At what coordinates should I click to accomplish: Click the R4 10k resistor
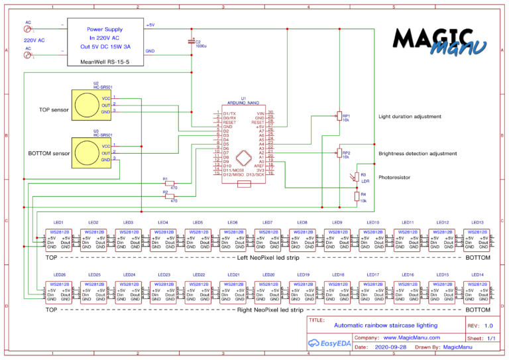click(356, 196)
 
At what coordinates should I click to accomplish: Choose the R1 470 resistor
click(170, 183)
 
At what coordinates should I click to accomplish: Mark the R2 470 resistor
click(170, 196)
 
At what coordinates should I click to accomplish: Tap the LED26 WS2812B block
click(59, 292)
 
